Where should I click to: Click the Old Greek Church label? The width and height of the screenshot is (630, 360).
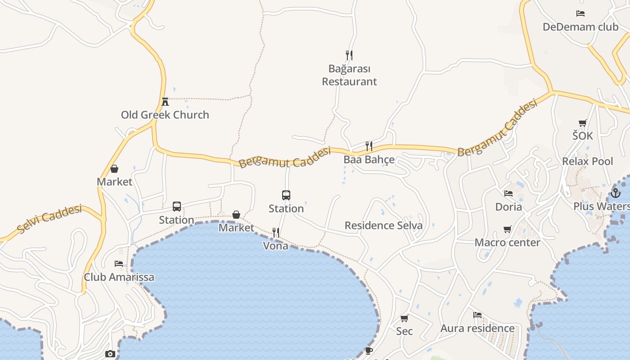(165, 115)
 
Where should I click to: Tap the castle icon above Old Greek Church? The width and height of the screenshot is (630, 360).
(165, 101)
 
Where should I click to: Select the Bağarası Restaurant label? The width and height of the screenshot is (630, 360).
(349, 75)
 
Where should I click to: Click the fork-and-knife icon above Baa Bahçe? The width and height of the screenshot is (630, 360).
(369, 146)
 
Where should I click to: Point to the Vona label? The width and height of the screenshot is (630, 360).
(275, 246)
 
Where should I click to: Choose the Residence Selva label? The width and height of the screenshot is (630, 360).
(383, 225)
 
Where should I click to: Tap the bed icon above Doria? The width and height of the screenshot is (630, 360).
(508, 193)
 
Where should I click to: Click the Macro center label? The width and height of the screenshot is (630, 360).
(507, 243)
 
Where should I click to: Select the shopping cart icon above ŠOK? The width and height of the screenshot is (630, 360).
(583, 123)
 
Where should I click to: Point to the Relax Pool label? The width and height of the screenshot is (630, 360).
(587, 161)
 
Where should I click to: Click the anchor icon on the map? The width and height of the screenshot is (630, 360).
(615, 193)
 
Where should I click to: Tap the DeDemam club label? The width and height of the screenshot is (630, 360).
(580, 27)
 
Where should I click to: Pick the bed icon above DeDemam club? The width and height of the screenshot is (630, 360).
(580, 13)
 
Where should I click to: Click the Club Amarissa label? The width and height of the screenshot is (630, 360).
(119, 277)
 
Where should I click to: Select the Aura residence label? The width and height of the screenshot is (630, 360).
(477, 328)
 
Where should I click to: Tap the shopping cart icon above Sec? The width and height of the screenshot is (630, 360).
(404, 319)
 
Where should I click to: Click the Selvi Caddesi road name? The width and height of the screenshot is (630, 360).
(50, 219)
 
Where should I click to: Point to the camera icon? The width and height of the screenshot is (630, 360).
(110, 354)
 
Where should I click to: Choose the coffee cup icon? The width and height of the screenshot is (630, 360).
(369, 351)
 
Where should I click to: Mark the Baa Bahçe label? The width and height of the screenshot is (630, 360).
(369, 160)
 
